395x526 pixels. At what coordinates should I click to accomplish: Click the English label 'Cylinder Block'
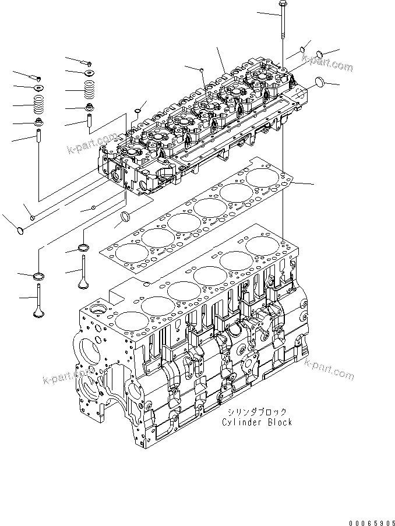pyautogui.click(x=256, y=422)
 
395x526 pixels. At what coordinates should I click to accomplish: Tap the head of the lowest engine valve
pyautogui.click(x=38, y=313)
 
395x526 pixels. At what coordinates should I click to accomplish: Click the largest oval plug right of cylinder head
pyautogui.click(x=320, y=83)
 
